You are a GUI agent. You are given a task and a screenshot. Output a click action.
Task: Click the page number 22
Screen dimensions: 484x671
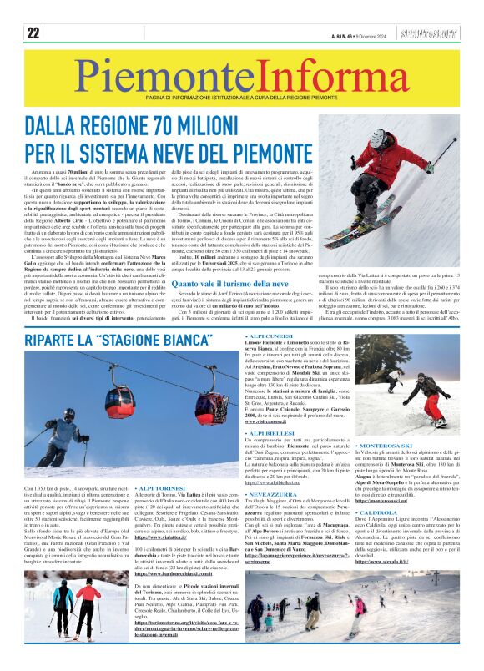pyautogui.click(x=33, y=33)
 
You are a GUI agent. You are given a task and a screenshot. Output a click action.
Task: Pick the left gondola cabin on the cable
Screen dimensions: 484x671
pyautogui.click(x=118, y=401)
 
